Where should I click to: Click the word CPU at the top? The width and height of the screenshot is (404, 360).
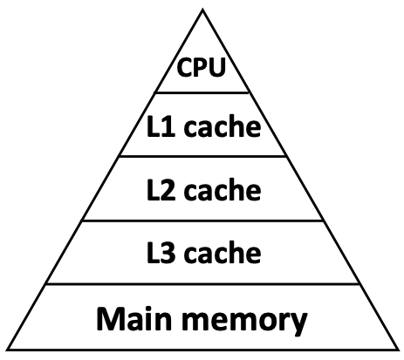(202, 67)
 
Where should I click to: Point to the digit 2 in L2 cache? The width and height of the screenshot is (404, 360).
(164, 189)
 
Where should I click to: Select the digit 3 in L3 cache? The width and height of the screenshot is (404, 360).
(164, 253)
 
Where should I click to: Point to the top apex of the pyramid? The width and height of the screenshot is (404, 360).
(202, 10)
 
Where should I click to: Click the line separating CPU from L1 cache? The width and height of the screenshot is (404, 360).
(202, 92)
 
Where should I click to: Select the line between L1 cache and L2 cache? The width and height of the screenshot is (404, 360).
(202, 157)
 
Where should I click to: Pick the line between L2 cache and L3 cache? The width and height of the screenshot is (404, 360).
(202, 221)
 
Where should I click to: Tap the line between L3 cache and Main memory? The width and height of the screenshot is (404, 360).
(202, 284)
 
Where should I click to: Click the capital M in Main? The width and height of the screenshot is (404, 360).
(110, 318)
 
